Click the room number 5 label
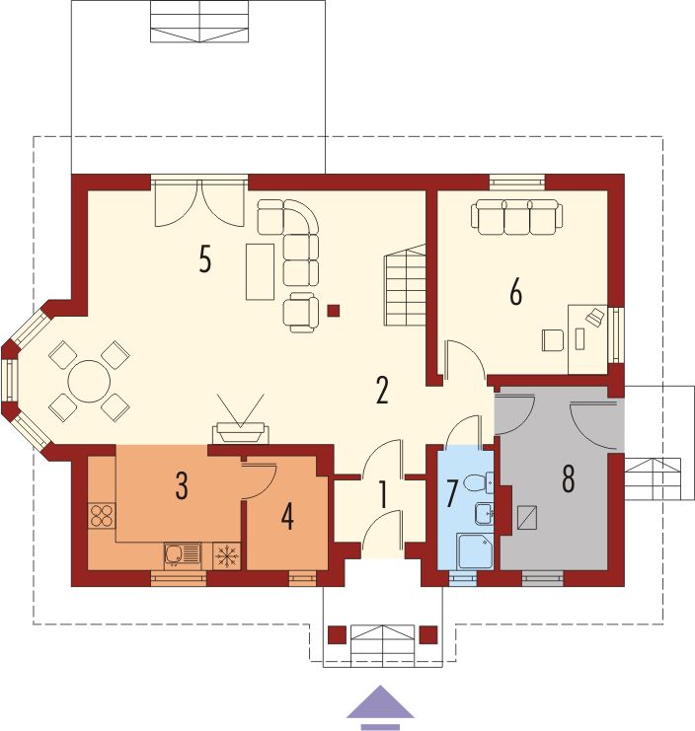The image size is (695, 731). [x=204, y=259]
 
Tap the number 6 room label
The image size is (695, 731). [x=515, y=293]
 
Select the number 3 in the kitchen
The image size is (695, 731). [x=182, y=486]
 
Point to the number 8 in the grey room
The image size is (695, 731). [x=568, y=479]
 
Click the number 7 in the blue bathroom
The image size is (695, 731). [x=451, y=494]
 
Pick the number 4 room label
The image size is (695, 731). [x=287, y=517]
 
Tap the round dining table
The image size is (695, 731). [x=89, y=382]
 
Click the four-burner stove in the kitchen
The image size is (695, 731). [x=102, y=516]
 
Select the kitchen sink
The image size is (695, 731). [x=183, y=554]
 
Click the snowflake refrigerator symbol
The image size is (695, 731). [x=227, y=555]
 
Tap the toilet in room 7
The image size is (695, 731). [x=479, y=482]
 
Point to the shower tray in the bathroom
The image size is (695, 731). [x=475, y=551]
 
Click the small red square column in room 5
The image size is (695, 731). [x=333, y=311]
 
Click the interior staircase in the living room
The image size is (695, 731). [x=406, y=285]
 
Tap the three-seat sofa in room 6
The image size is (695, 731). [x=517, y=216]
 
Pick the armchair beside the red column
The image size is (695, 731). [x=301, y=313]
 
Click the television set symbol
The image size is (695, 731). [x=241, y=432]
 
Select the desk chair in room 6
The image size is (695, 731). [x=553, y=340]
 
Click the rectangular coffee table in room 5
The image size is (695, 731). [x=260, y=271]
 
